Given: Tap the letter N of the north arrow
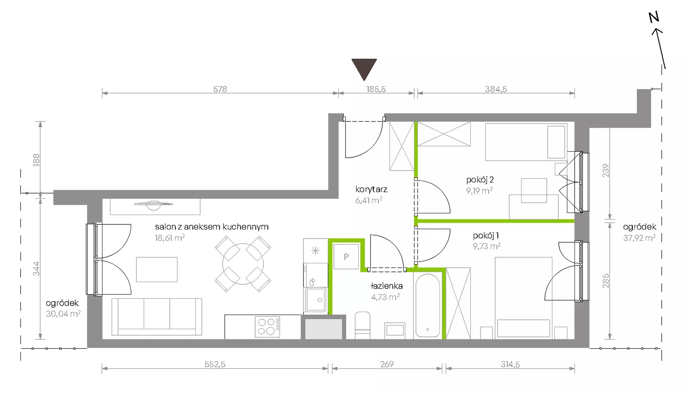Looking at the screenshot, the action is tap(654, 18).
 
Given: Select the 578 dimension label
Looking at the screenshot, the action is tap(220, 89).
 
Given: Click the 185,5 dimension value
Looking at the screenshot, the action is tap(376, 89).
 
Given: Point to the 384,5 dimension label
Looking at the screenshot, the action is tap(496, 89).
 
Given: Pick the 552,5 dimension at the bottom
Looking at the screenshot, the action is tap(215, 364).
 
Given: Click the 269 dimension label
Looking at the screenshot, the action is tap(387, 364).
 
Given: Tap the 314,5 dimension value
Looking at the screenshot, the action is tap(510, 364).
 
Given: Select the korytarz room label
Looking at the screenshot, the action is tap(371, 189).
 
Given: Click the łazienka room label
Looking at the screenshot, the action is tap(386, 286).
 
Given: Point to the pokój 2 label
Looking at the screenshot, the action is tap(480, 180).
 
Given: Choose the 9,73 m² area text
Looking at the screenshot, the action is tap(487, 246).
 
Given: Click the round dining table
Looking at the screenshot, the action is tap(243, 264).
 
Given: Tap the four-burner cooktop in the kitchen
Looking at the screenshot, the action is tap(268, 327).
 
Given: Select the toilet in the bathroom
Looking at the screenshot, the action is tap(363, 325).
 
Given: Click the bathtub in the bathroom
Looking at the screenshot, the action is tap(428, 306).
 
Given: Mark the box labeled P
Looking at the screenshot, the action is tap(346, 257).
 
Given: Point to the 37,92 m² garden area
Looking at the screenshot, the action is tap(640, 238).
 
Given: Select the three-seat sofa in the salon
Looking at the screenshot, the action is tap(156, 317).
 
